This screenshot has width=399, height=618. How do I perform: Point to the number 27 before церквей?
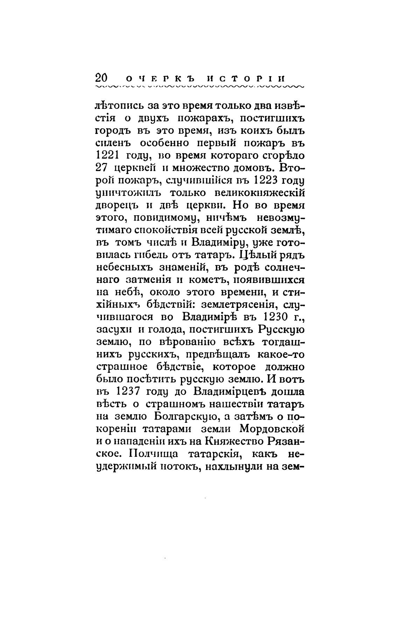(101, 168)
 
